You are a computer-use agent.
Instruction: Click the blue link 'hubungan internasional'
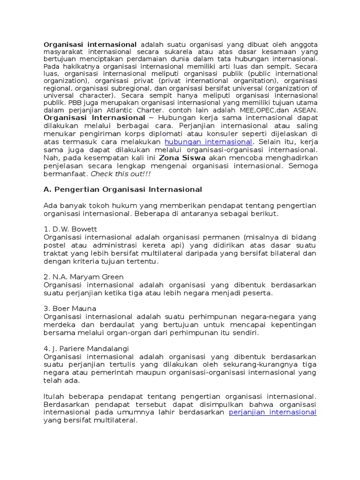208,142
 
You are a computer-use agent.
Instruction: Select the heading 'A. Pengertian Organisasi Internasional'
123,189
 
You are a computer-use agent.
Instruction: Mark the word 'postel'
55,245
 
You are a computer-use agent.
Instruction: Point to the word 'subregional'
127,88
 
